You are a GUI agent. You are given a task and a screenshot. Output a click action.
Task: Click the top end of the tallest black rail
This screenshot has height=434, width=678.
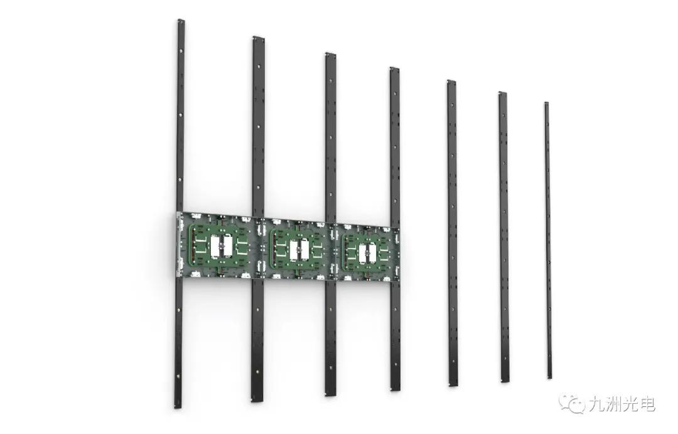(x=181, y=20)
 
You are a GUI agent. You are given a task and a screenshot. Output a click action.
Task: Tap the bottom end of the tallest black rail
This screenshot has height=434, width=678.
(x=178, y=406)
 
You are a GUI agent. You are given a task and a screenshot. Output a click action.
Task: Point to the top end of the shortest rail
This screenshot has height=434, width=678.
(x=546, y=104)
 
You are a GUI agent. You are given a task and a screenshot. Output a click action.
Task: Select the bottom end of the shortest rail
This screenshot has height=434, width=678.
(x=549, y=377)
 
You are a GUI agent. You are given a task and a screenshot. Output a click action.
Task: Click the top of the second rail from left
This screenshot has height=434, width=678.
(x=258, y=38)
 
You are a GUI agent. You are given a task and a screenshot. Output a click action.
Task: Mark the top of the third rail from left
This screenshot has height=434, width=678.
(x=330, y=54)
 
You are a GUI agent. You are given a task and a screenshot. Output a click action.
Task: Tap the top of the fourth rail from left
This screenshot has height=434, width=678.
(x=394, y=68)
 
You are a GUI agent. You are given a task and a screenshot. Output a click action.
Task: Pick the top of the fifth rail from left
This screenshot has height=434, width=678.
(x=451, y=82)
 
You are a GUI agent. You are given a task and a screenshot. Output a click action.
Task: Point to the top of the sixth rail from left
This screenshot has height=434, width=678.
(x=502, y=93)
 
